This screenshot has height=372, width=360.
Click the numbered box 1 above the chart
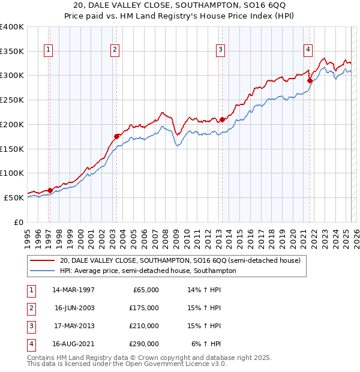47,50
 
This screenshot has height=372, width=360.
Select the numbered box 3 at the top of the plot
220,50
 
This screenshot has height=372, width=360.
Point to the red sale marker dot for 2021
310,80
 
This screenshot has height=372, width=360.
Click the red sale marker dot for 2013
222,119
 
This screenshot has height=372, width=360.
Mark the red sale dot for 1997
50,190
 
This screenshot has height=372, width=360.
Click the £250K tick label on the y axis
11,100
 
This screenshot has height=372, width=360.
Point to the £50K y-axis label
14,197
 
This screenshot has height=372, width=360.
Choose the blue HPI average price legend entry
148,271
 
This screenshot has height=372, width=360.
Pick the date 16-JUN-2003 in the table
74,308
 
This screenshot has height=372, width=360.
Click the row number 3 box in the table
30,326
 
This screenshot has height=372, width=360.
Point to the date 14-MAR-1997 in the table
74,290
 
